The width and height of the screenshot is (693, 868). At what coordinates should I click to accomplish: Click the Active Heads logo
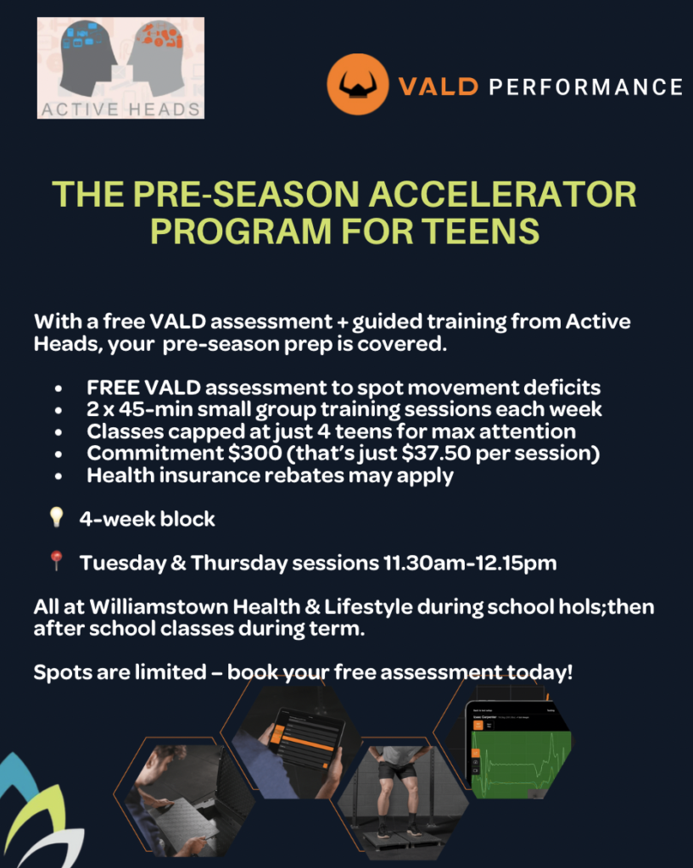(x=120, y=68)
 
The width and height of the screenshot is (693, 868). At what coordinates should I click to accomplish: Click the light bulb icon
(x=57, y=518)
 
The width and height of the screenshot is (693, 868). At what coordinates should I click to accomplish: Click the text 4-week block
(x=147, y=519)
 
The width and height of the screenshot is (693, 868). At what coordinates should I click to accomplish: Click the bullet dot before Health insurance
(x=57, y=476)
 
